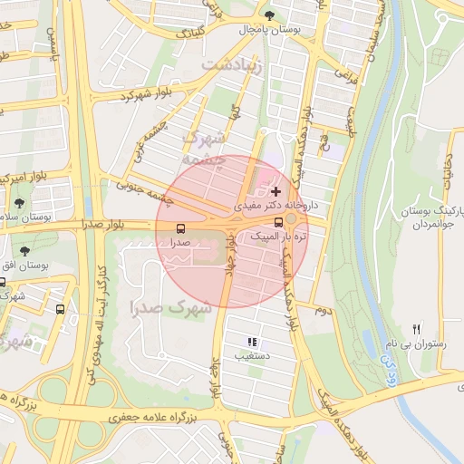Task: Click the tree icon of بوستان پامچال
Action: click(x=270, y=14)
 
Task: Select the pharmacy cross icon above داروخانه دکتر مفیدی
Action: click(x=275, y=191)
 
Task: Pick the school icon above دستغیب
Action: click(x=252, y=342)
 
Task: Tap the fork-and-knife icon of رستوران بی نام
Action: click(x=417, y=329)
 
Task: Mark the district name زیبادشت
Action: click(x=231, y=65)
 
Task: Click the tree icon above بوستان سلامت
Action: click(x=19, y=203)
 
